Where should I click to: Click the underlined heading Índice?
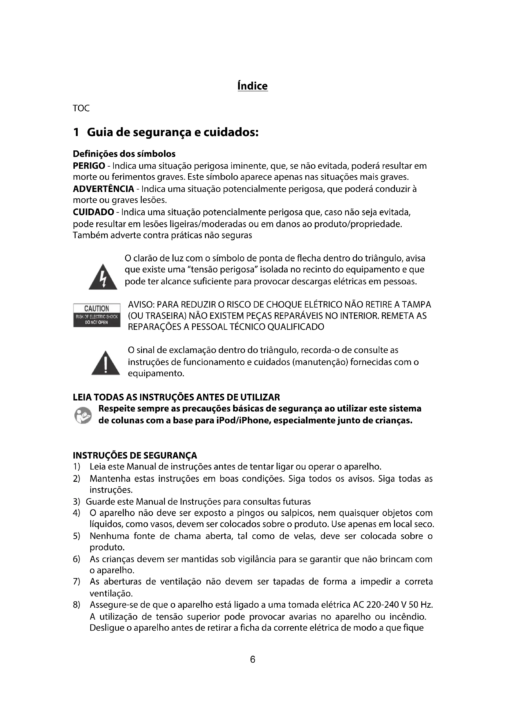252,86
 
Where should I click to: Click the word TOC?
81,109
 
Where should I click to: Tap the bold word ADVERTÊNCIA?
103,189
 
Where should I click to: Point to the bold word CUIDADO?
93,212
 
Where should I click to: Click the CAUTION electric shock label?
97,315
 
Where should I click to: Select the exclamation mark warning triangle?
106,363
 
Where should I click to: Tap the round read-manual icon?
83,415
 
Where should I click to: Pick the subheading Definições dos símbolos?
124,154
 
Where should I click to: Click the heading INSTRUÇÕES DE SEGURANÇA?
135,455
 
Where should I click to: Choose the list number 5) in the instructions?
76,536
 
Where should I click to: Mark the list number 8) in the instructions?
76,605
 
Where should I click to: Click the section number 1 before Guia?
76,132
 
